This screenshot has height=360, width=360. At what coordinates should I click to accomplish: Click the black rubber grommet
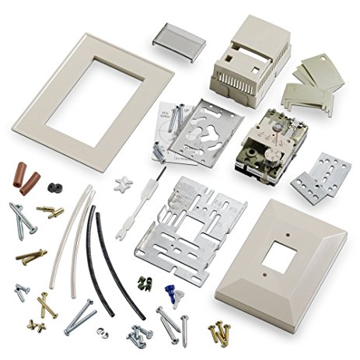[x=54, y=189]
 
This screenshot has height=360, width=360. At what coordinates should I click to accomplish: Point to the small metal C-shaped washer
[x=102, y=332]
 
